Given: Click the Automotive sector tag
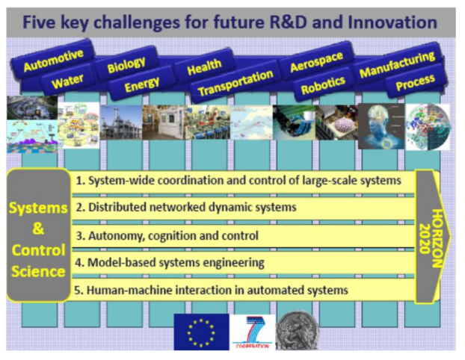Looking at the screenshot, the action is click(53, 60).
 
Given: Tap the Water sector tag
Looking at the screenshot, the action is click(67, 81).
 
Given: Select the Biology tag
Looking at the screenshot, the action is click(126, 64).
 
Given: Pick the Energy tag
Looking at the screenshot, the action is click(142, 84).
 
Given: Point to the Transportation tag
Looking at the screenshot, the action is click(235, 83).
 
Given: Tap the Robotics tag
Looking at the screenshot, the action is click(323, 84).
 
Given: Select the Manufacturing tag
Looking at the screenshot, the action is click(397, 64).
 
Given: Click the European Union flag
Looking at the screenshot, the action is click(201, 332).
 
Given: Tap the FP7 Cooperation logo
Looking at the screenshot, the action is click(253, 332).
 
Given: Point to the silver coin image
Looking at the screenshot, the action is click(298, 330).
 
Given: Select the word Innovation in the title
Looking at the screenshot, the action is click(392, 22).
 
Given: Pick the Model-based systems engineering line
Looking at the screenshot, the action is click(170, 263).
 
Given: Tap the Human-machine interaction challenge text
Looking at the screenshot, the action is click(211, 290).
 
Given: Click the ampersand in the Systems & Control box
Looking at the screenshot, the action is click(38, 229).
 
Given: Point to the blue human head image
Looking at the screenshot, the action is click(381, 126).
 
